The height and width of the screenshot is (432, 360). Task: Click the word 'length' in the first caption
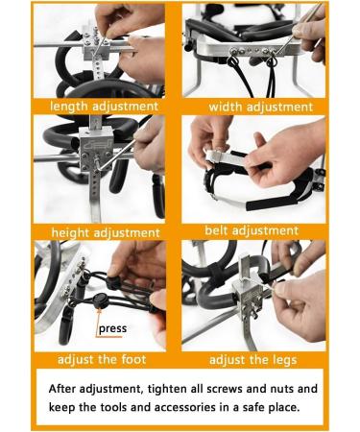(x=68, y=107)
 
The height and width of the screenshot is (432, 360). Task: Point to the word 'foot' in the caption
(x=133, y=359)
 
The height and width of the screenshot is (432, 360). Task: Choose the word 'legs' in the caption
(x=284, y=360)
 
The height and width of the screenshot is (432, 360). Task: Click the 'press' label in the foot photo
(x=112, y=328)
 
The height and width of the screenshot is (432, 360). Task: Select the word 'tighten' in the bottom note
(x=167, y=389)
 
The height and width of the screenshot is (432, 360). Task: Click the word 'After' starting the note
(x=62, y=389)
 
